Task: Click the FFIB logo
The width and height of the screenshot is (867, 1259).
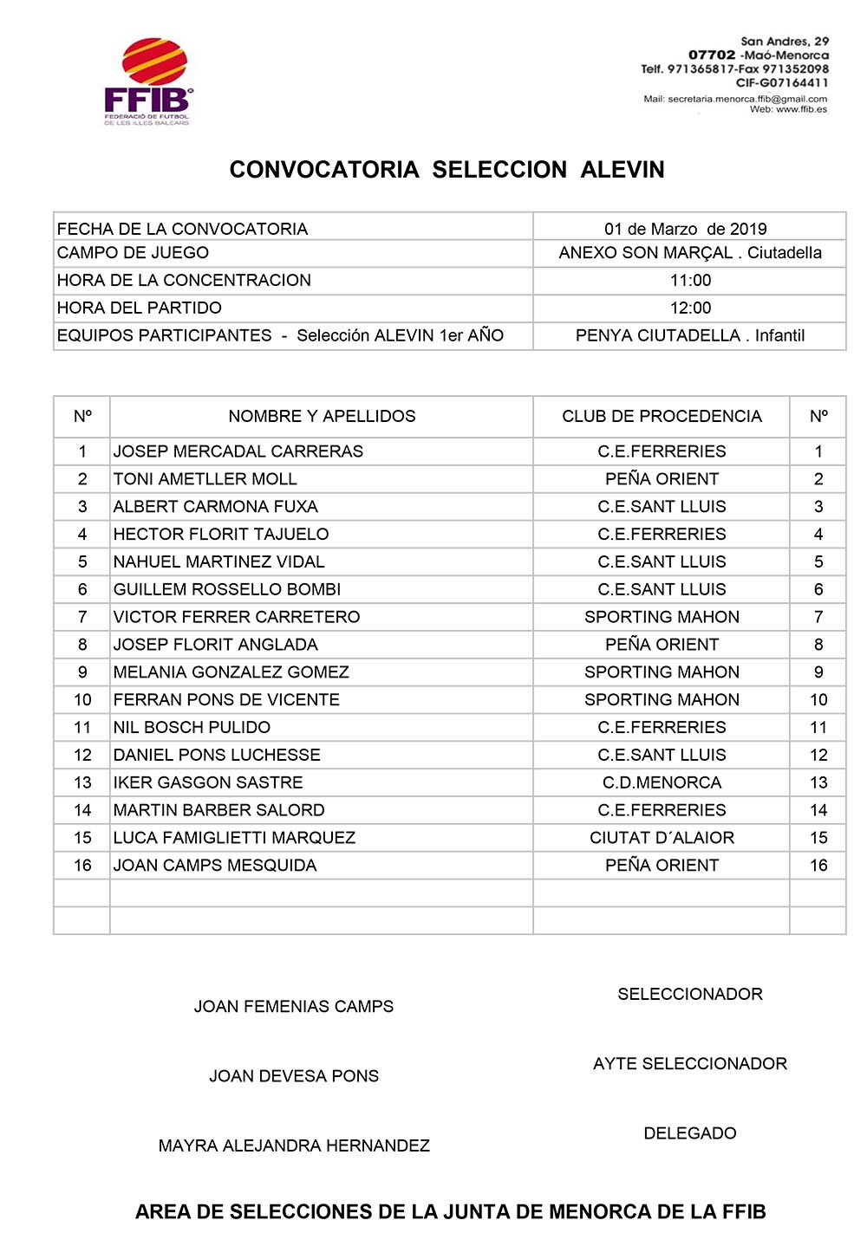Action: [147, 81]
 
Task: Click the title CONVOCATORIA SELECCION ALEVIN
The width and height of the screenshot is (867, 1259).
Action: [447, 170]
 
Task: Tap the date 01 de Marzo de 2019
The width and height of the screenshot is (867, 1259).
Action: [685, 229]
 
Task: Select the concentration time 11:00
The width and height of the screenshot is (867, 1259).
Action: [690, 280]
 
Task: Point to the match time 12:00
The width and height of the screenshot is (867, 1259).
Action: [690, 308]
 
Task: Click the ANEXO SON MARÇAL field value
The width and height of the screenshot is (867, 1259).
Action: [690, 253]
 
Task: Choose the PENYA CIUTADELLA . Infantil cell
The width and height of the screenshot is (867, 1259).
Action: [690, 335]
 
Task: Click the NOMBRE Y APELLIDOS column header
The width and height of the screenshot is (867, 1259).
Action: [322, 416]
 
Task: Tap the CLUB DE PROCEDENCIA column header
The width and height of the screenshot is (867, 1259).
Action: [662, 416]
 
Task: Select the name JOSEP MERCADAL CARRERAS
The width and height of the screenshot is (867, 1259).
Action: [238, 451]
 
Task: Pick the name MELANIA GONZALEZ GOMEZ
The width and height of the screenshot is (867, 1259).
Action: [231, 672]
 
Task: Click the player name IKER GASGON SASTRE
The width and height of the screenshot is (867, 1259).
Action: [208, 782]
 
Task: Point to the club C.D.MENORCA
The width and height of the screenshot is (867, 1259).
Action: [662, 782]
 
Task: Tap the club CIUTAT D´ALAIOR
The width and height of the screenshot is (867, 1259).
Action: [662, 838]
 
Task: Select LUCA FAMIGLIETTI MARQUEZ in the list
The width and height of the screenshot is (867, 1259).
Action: [234, 838]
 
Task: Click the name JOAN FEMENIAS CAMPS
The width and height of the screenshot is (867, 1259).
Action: [293, 1006]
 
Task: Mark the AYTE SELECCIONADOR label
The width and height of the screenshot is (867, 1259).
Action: [690, 1063]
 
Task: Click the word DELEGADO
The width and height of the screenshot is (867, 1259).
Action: [690, 1133]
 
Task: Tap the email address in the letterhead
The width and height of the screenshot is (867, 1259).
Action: [735, 99]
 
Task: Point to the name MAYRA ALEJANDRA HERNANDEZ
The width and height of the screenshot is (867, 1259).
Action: [294, 1145]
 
